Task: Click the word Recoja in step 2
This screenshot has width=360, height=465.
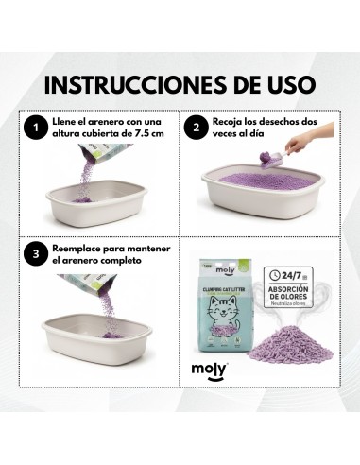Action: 231,121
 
